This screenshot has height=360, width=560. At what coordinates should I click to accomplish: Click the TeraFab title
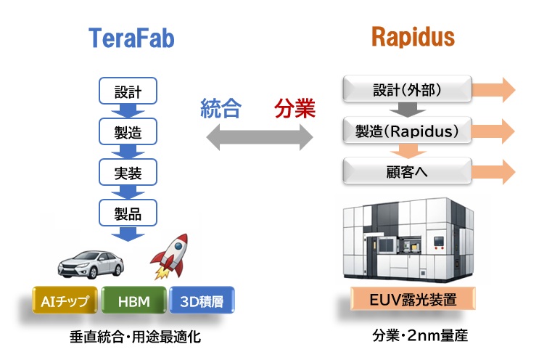[x=131, y=37]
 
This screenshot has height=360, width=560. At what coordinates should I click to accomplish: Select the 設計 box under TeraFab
[x=128, y=92]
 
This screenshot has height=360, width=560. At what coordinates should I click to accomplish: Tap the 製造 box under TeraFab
[x=128, y=133]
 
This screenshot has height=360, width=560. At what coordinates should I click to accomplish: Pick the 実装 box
[x=128, y=173]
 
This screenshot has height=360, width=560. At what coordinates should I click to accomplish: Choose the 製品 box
[x=128, y=213]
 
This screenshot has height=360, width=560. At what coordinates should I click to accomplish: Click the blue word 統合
[x=221, y=110]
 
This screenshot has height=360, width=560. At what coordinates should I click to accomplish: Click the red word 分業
[x=295, y=110]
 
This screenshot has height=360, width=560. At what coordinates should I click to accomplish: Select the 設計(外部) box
[x=407, y=91]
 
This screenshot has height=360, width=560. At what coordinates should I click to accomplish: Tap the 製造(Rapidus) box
[x=407, y=131]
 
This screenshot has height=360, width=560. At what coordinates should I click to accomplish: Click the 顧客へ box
[x=407, y=173]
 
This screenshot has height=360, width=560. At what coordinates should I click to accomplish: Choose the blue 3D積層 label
[x=202, y=300]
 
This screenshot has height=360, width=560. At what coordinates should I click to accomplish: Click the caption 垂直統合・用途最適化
[x=135, y=337]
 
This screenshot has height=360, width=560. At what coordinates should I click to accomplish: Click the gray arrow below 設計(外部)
[x=408, y=111]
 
